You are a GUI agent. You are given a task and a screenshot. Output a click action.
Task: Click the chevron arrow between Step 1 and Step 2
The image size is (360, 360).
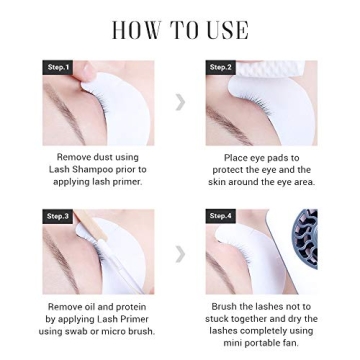click(x=180, y=103)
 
